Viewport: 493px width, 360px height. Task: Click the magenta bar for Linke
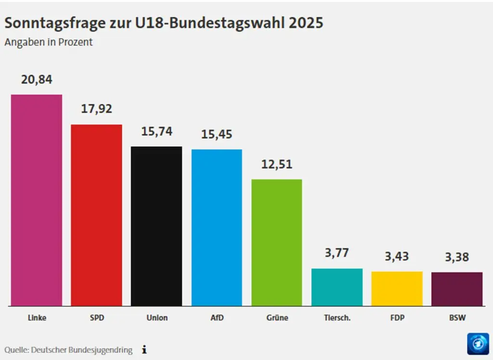click(x=37, y=200)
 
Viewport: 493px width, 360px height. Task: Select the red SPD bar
click(x=96, y=215)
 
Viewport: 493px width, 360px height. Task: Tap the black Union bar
click(x=156, y=226)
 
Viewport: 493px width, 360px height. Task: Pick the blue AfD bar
click(x=217, y=227)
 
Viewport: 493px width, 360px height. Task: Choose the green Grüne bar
click(x=277, y=243)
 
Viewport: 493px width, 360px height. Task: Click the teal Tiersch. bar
click(x=337, y=287)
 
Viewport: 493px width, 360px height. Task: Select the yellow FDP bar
click(x=397, y=288)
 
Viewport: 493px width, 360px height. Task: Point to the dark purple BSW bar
click(x=457, y=289)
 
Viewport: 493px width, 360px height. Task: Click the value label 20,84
click(x=37, y=80)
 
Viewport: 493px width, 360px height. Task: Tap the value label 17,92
click(x=96, y=109)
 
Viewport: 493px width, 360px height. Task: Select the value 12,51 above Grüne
click(x=277, y=164)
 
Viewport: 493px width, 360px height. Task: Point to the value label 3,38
click(x=457, y=257)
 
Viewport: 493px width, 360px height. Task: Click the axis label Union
click(x=156, y=318)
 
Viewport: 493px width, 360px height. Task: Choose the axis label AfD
click(x=217, y=318)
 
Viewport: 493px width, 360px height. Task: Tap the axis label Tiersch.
click(x=337, y=318)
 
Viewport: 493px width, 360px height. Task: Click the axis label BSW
click(x=457, y=318)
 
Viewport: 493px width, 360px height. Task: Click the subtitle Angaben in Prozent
click(x=49, y=42)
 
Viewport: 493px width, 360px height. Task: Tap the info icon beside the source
click(x=144, y=350)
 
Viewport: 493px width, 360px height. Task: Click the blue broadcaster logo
click(x=478, y=344)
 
